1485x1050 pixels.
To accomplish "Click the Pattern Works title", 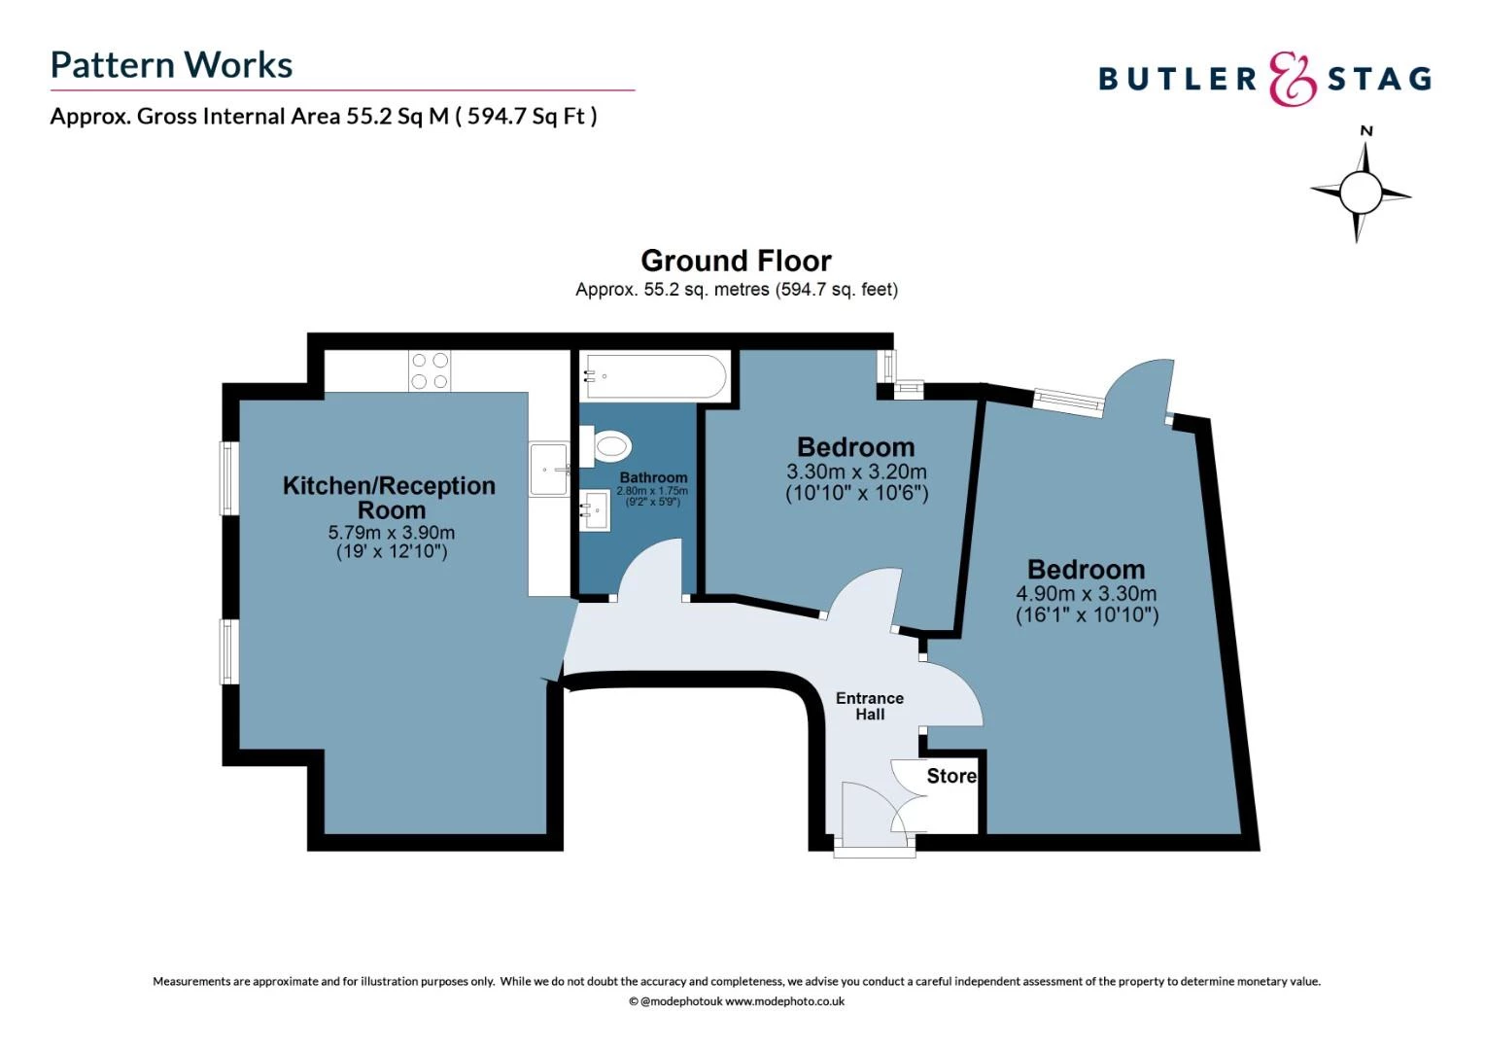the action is pyautogui.click(x=171, y=65).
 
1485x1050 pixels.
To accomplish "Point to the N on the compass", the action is pyautogui.click(x=1366, y=131).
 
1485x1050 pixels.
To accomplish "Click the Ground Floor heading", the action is pyautogui.click(x=736, y=261).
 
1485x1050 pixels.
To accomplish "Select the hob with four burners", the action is pyautogui.click(x=430, y=370).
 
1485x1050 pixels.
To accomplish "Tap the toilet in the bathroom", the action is pyautogui.click(x=605, y=445).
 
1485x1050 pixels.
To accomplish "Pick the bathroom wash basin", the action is pyautogui.click(x=595, y=510).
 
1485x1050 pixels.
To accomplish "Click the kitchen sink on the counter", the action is pyautogui.click(x=549, y=470).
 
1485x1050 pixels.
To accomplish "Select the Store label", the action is pyautogui.click(x=951, y=776).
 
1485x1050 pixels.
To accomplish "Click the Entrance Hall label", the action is pyautogui.click(x=870, y=707).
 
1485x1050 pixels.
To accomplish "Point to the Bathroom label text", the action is pyautogui.click(x=653, y=477).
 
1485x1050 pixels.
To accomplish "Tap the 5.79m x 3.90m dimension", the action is pyautogui.click(x=391, y=533).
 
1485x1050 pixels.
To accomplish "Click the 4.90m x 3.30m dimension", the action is pyautogui.click(x=1087, y=593).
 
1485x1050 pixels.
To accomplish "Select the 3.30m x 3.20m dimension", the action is pyautogui.click(x=856, y=472).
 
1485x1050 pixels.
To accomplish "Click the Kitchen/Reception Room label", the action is pyautogui.click(x=389, y=498).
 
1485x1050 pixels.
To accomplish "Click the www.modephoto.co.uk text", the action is pyautogui.click(x=784, y=1001).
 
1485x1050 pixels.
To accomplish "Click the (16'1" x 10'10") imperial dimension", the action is pyautogui.click(x=1088, y=614).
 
